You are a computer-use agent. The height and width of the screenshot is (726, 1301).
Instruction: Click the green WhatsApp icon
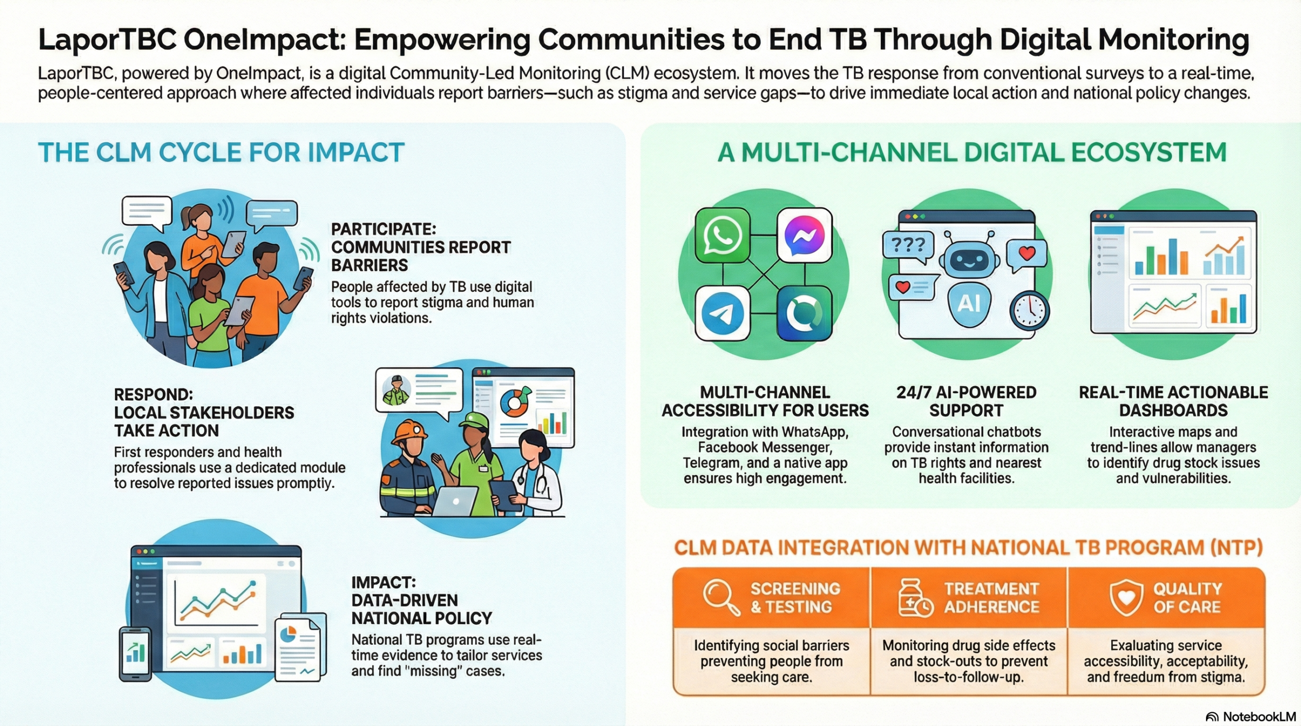pyautogui.click(x=722, y=235)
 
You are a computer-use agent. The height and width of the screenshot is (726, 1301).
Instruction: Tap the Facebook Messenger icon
pyautogui.click(x=804, y=235)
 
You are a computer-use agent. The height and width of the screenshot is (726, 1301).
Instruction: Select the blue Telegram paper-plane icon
pyautogui.click(x=722, y=313)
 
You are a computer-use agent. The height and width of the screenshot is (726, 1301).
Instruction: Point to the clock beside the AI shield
pyautogui.click(x=1030, y=311)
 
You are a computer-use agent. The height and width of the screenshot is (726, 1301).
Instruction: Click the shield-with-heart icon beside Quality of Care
pyautogui.click(x=1126, y=597)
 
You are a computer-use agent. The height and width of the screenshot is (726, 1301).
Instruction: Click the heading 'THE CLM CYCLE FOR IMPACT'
pyautogui.click(x=221, y=152)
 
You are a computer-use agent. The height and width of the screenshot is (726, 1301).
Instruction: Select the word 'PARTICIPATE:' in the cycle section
pyautogui.click(x=383, y=229)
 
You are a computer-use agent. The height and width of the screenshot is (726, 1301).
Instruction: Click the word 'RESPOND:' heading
pyautogui.click(x=153, y=394)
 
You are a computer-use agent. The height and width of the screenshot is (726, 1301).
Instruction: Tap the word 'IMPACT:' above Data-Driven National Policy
pyautogui.click(x=383, y=582)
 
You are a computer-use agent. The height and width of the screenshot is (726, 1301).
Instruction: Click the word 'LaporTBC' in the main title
pyautogui.click(x=107, y=40)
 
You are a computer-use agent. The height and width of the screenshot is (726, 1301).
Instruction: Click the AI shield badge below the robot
pyautogui.click(x=969, y=304)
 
